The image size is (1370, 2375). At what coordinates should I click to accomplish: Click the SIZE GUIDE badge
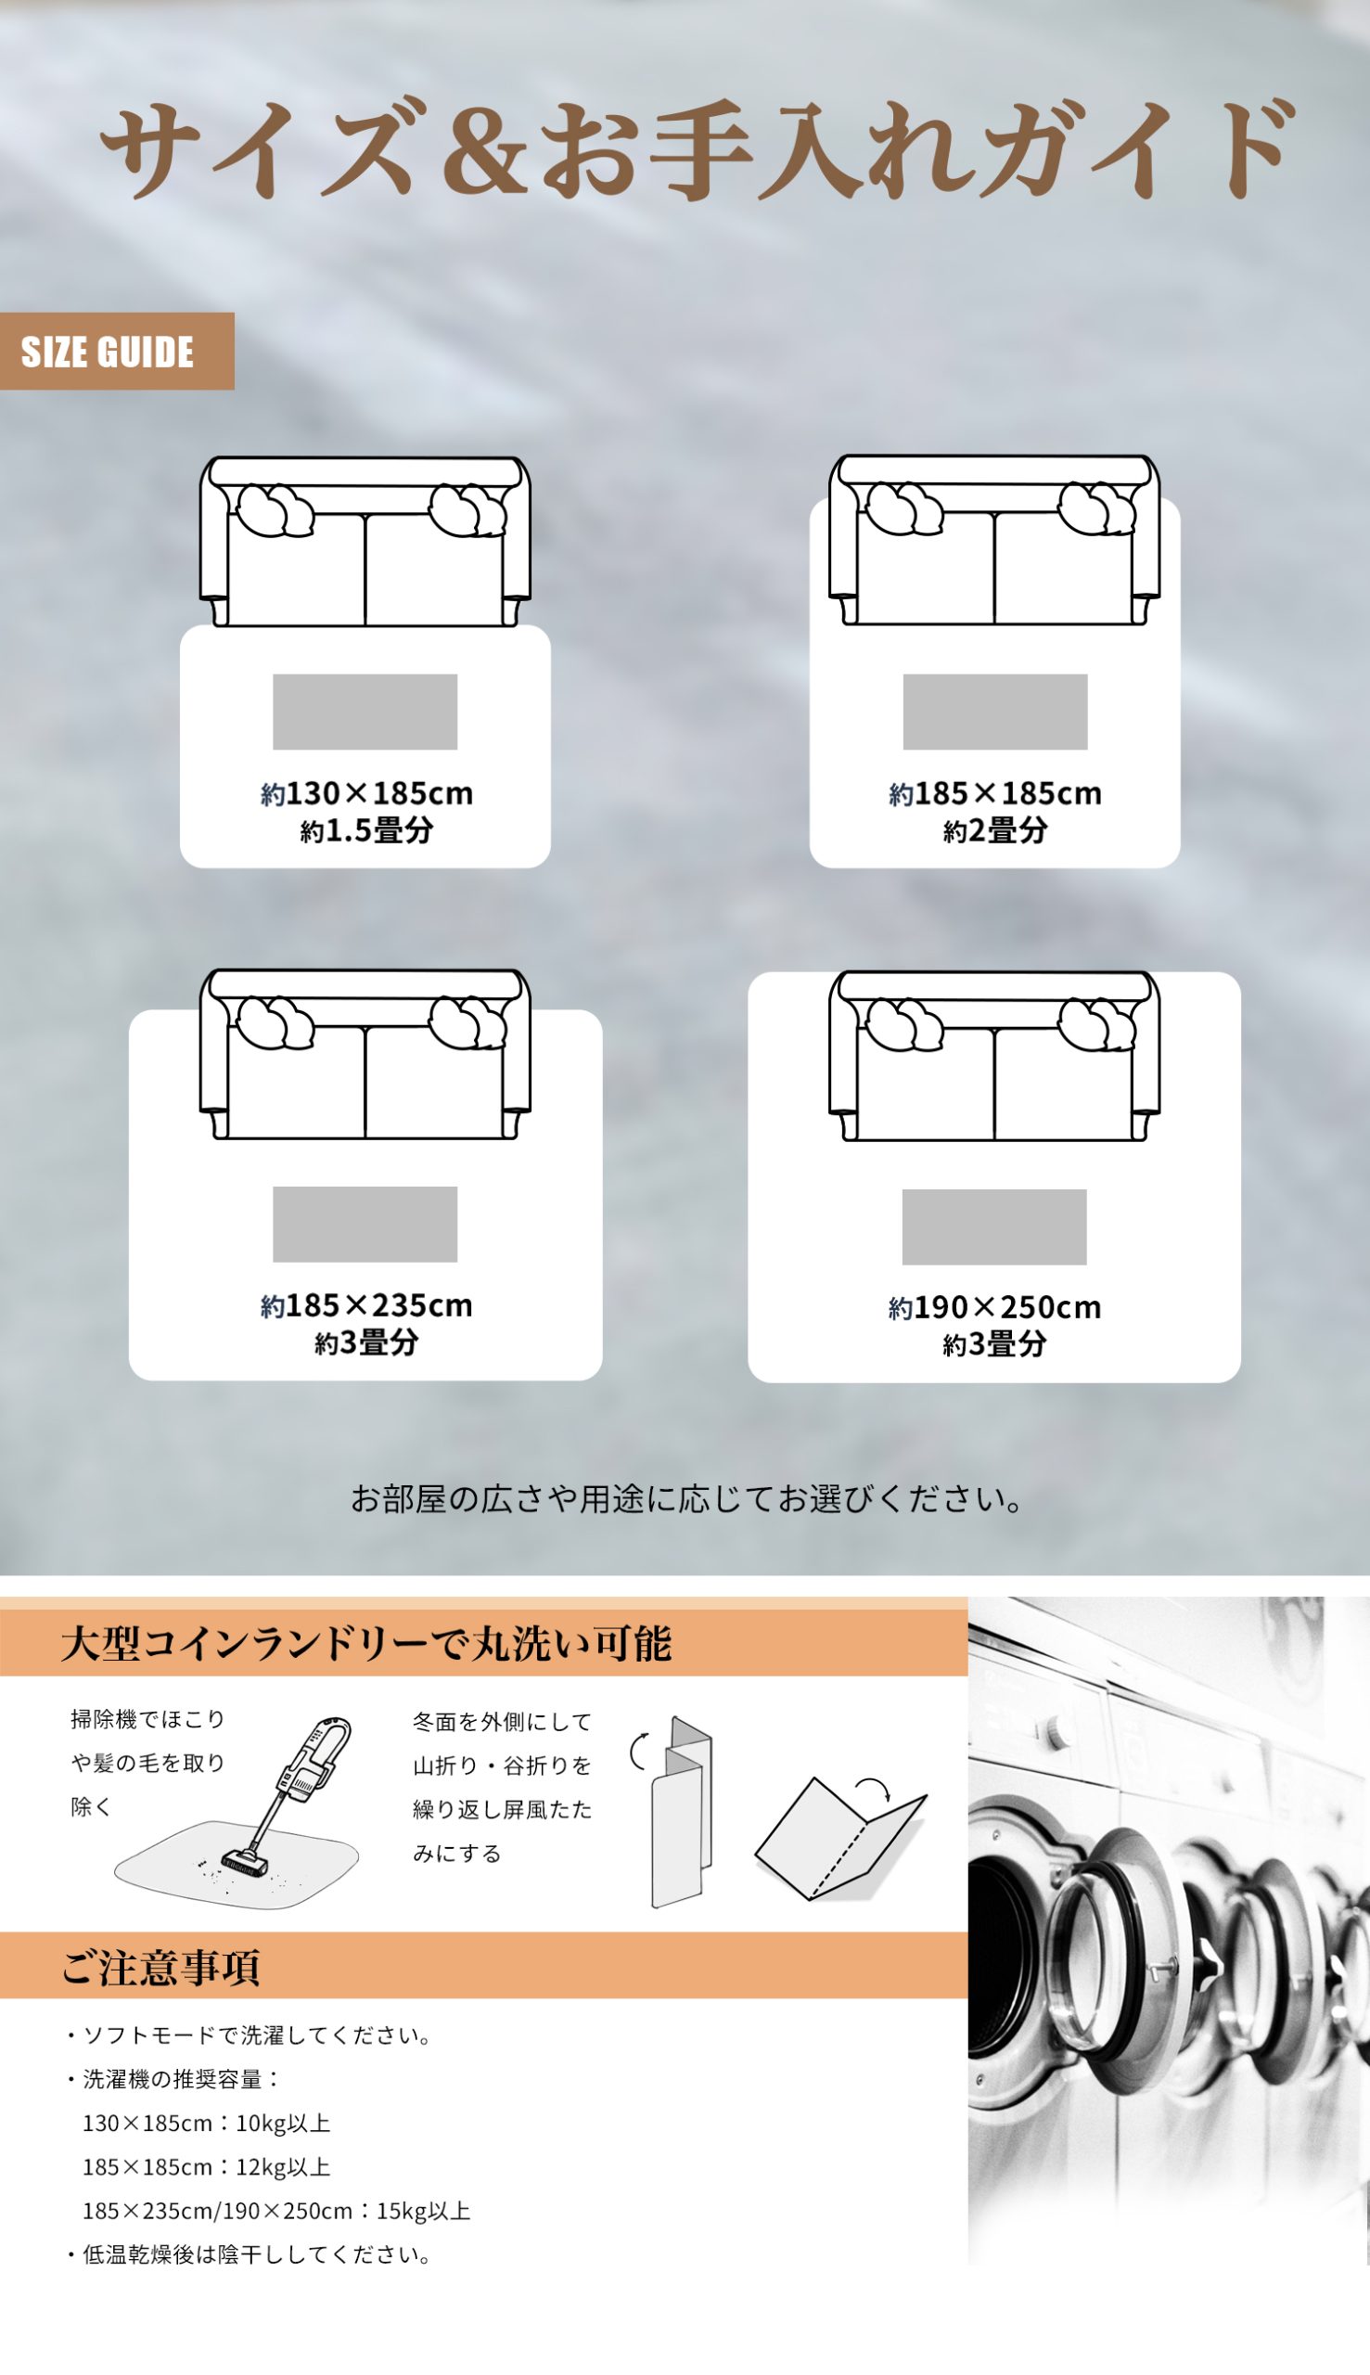117,351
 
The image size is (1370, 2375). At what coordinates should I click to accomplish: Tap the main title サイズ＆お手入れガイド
698,150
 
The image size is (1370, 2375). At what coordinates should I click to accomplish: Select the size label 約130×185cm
367,793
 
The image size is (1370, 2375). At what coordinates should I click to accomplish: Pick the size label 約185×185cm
995,793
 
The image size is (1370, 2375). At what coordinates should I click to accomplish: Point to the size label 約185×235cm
367,1305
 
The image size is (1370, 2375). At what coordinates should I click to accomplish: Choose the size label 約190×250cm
994,1307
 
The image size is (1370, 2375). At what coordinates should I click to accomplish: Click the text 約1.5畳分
367,831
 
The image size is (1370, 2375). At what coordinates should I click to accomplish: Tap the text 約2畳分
995,831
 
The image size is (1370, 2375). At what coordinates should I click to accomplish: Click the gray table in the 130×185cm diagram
365,712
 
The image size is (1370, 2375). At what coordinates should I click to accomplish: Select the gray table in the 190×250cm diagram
994,1227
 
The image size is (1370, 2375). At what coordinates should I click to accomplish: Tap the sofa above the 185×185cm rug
994,540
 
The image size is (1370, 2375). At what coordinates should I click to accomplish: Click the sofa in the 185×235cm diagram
365,1054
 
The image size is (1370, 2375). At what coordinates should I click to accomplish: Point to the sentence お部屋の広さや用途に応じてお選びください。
687,1499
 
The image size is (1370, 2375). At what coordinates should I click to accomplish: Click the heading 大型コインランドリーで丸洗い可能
366,1644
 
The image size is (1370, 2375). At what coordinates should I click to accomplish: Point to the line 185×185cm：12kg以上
207,2167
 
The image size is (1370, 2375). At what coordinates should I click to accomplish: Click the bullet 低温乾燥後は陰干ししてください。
250,2254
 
